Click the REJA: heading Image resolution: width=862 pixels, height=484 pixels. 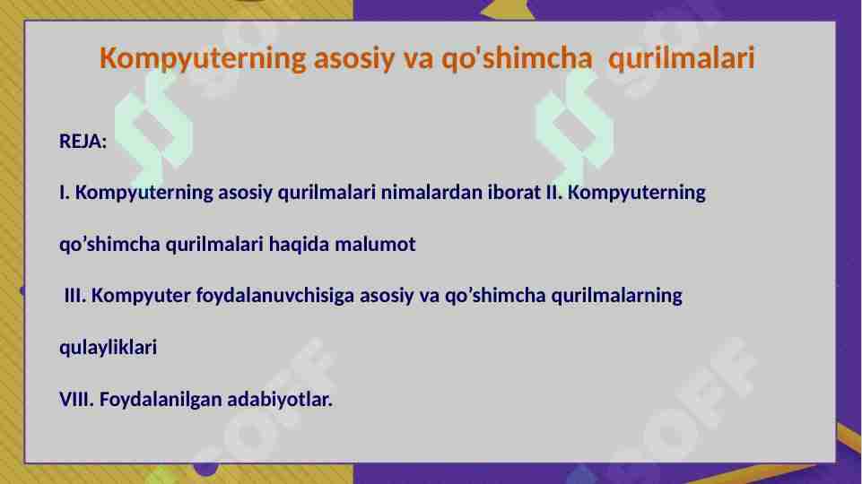[83, 142]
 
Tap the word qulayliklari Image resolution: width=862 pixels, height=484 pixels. [108, 348]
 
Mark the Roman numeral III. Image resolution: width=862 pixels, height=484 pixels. [75, 296]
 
